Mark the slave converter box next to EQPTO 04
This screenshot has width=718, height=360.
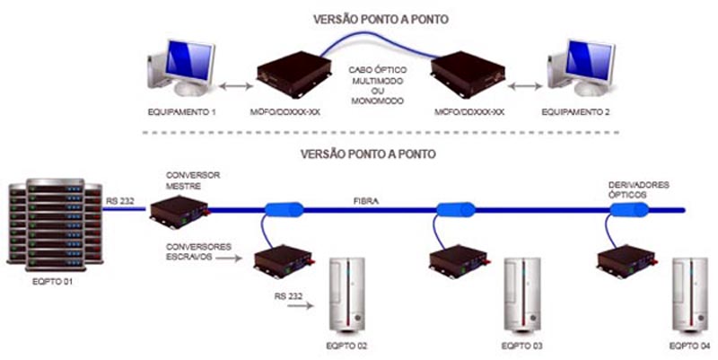(626, 260)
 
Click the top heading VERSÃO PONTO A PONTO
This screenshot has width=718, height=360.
(368, 17)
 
